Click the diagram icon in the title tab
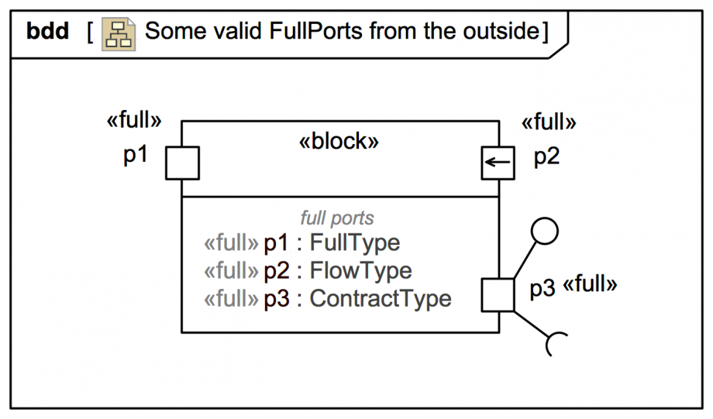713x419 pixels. pyautogui.click(x=119, y=34)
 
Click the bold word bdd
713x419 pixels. pyautogui.click(x=48, y=31)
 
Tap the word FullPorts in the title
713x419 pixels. pyautogui.click(x=316, y=31)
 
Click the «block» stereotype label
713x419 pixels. pyautogui.click(x=339, y=141)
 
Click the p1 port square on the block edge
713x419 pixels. pyautogui.click(x=182, y=163)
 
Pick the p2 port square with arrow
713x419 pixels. pyautogui.click(x=498, y=163)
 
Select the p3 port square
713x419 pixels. pyautogui.click(x=498, y=295)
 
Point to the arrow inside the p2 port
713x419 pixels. pyautogui.click(x=498, y=162)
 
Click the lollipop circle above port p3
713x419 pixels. pyautogui.click(x=544, y=232)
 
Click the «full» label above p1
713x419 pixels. pyautogui.click(x=134, y=120)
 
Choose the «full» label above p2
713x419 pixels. pyautogui.click(x=549, y=122)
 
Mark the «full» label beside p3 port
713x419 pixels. pyautogui.click(x=590, y=284)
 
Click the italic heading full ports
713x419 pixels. pyautogui.click(x=337, y=218)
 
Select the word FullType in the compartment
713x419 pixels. pyautogui.click(x=355, y=242)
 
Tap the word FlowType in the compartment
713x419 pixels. pyautogui.click(x=361, y=270)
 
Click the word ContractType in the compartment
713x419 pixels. pyautogui.click(x=381, y=299)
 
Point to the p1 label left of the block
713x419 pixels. pyautogui.click(x=136, y=156)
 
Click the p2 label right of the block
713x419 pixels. pyautogui.click(x=546, y=157)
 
